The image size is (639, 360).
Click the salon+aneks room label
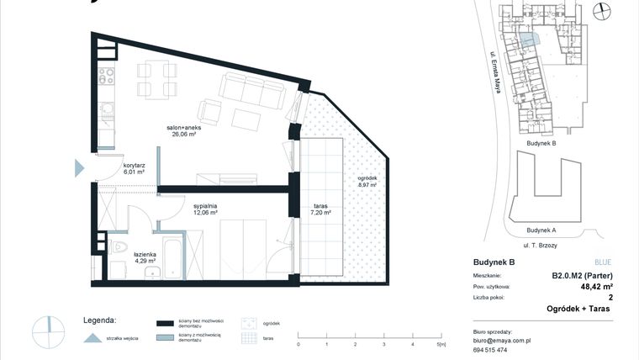[184, 130]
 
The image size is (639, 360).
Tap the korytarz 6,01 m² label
[134, 168]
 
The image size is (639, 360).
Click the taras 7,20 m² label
[320, 210]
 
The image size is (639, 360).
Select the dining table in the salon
[157, 77]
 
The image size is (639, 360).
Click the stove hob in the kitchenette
[107, 77]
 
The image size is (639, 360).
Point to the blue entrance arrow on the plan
[80, 167]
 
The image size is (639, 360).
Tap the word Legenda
[100, 320]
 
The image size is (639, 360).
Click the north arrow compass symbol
[600, 10]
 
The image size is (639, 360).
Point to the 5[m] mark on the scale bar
[441, 344]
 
